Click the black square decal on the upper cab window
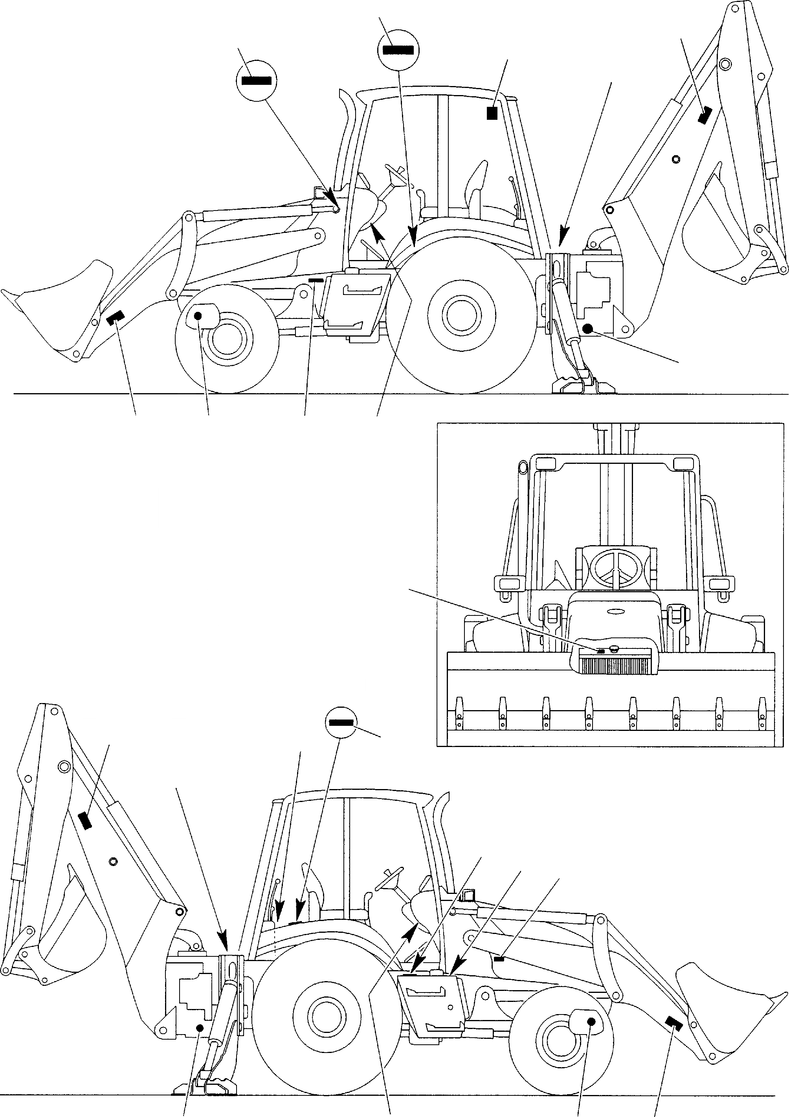[x=492, y=113]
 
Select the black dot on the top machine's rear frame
[x=587, y=328]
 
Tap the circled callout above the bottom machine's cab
[x=341, y=722]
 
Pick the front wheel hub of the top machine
[x=227, y=337]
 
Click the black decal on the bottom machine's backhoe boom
[x=85, y=821]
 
